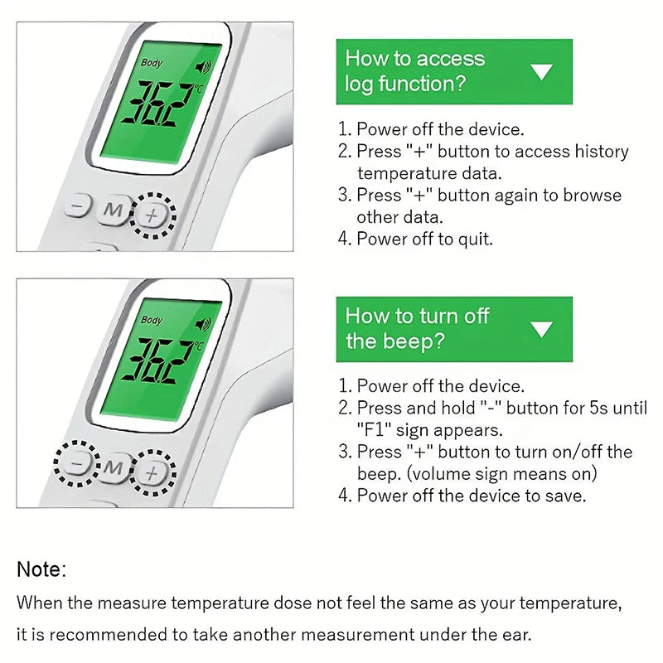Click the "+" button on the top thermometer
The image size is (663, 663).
coord(152,215)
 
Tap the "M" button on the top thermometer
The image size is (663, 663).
coord(113,210)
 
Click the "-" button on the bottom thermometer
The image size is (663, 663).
coord(77,463)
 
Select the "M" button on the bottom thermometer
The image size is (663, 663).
coord(113,467)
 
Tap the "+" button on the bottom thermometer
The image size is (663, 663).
coord(152,472)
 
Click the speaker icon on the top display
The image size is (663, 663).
coord(203,67)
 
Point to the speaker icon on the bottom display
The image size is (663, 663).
coord(203,324)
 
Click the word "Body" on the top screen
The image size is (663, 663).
coord(152,63)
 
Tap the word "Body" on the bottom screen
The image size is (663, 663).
coord(152,320)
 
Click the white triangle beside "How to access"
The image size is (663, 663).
coord(542,71)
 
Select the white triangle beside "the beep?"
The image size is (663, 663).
coord(542,329)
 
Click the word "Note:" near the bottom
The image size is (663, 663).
coord(41,569)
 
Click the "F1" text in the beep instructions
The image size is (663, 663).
coord(375,430)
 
